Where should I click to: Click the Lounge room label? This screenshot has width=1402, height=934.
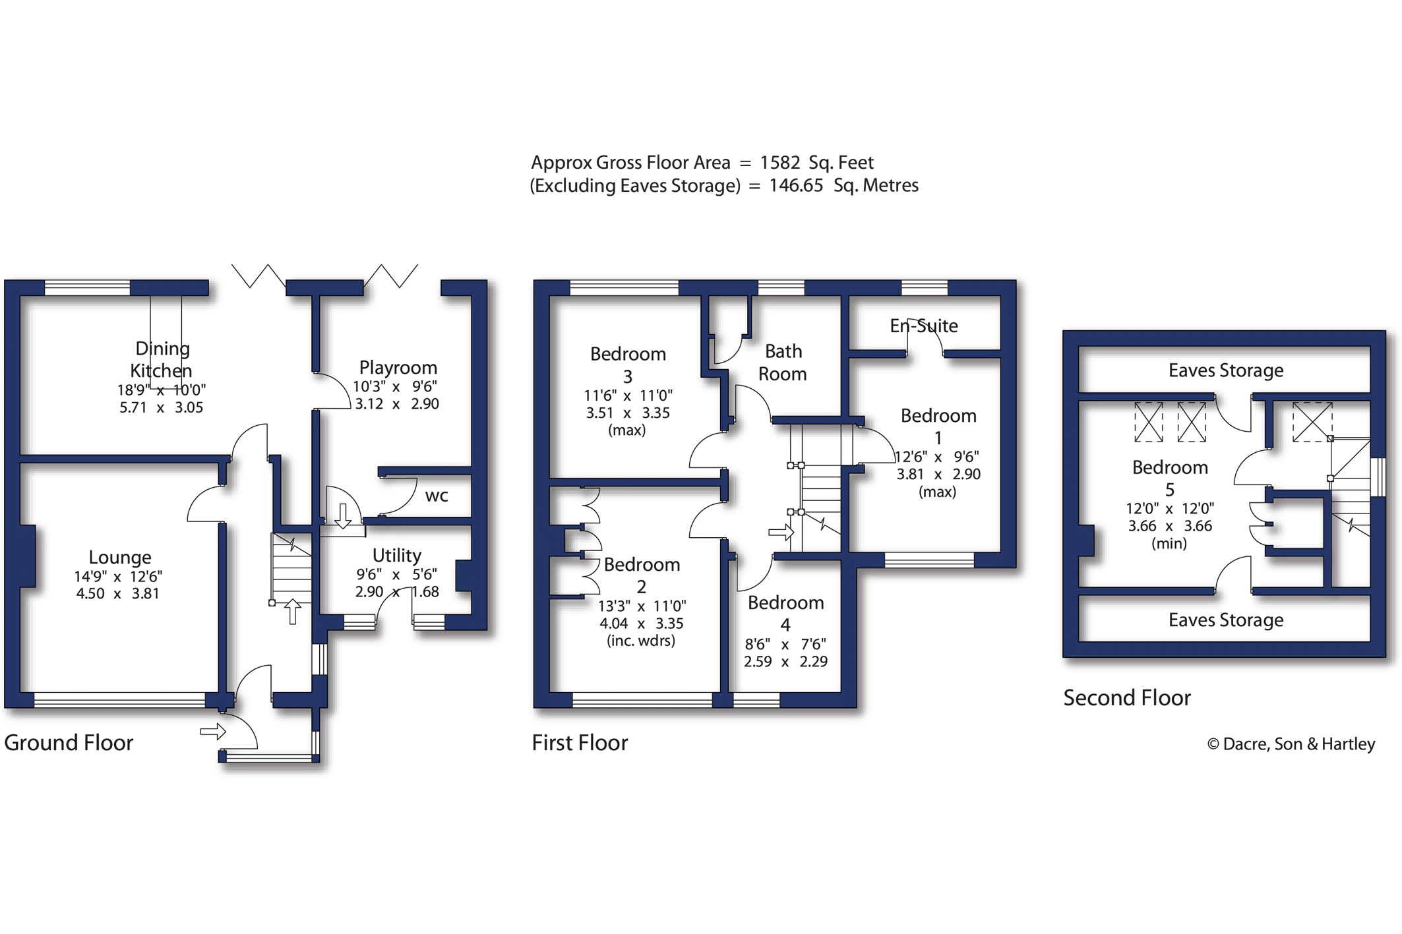[x=120, y=558]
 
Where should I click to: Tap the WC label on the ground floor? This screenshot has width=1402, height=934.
[x=437, y=496]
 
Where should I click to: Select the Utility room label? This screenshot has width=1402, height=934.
[x=396, y=556]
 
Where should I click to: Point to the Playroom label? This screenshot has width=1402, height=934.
[x=398, y=368]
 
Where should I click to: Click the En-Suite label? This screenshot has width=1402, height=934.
[x=923, y=326]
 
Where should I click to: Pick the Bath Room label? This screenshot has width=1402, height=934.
[x=783, y=363]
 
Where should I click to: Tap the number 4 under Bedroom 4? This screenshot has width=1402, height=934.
[x=785, y=625]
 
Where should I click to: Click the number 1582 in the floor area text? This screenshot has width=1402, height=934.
[x=779, y=163]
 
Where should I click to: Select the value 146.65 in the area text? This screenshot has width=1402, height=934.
[x=796, y=185]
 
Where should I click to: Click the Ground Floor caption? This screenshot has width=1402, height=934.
[x=69, y=743]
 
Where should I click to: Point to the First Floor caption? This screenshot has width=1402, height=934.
[x=580, y=743]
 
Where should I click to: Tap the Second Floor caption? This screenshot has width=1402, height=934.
[x=1127, y=698]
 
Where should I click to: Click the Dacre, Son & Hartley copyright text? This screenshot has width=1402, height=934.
[x=1291, y=744]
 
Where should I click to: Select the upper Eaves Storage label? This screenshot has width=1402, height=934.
[x=1226, y=370]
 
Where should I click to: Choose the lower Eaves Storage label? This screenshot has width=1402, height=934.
[x=1226, y=620]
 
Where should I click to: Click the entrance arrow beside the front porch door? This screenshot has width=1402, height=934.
[x=213, y=732]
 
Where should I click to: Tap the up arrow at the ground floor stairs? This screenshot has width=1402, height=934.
[x=293, y=611]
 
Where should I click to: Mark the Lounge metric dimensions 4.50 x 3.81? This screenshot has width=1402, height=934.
[x=117, y=594]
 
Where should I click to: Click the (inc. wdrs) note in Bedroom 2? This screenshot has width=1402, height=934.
[x=641, y=641]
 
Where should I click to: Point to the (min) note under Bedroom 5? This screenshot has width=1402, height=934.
[x=1169, y=544]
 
